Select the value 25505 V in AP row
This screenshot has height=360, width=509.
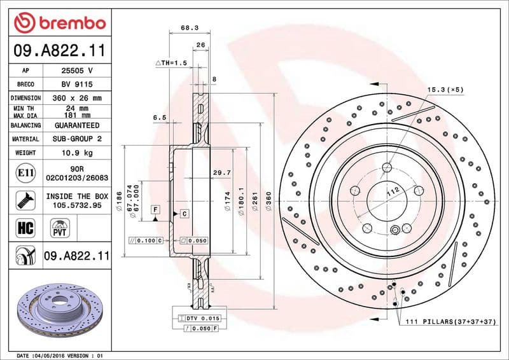coord(77,71)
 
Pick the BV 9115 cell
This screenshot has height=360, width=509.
coord(77,84)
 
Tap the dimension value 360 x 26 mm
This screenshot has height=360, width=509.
coord(77,98)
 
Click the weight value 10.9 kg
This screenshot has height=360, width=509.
coord(77,153)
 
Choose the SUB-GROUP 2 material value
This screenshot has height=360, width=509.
coord(77,139)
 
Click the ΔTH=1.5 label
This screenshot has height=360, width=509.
coord(171,64)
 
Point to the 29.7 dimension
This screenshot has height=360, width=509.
coord(221,172)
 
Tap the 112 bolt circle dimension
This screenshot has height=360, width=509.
coord(392,190)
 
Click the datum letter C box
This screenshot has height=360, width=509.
coord(184,213)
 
